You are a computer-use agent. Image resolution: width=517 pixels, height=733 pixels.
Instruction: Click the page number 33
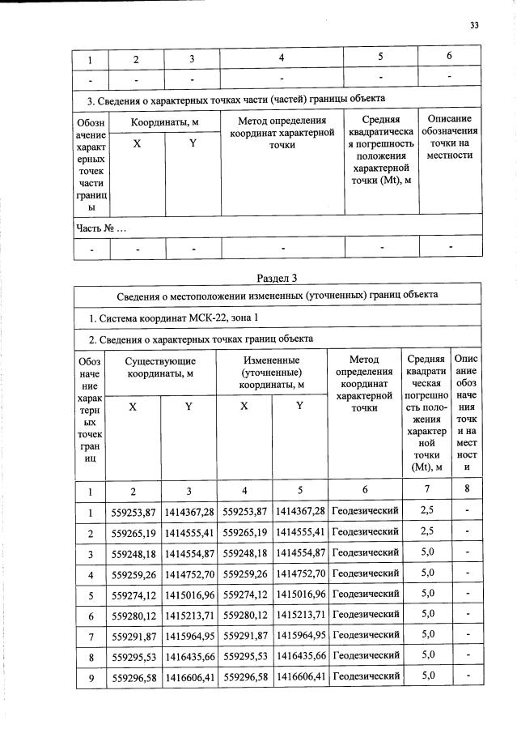tap(475, 25)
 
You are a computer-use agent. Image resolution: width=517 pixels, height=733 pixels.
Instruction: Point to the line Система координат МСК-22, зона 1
tap(174, 317)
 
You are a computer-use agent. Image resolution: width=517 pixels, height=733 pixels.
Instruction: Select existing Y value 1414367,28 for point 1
tap(188, 511)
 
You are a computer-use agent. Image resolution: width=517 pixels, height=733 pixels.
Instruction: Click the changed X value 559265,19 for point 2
tap(244, 533)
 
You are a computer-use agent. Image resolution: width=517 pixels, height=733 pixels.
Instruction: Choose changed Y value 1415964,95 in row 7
tap(299, 633)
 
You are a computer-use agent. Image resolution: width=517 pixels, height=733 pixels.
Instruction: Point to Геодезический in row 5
tap(366, 593)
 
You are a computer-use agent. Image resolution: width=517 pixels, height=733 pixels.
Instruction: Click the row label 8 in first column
tap(91, 655)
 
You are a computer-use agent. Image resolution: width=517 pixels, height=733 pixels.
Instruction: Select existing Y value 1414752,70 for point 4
tap(188, 573)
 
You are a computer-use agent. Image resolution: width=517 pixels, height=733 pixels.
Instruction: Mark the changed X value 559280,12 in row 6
tap(244, 614)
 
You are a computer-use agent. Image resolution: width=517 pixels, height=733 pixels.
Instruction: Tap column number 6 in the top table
tap(449, 57)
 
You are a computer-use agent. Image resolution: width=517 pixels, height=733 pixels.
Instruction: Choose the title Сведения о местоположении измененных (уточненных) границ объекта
tap(278, 295)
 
